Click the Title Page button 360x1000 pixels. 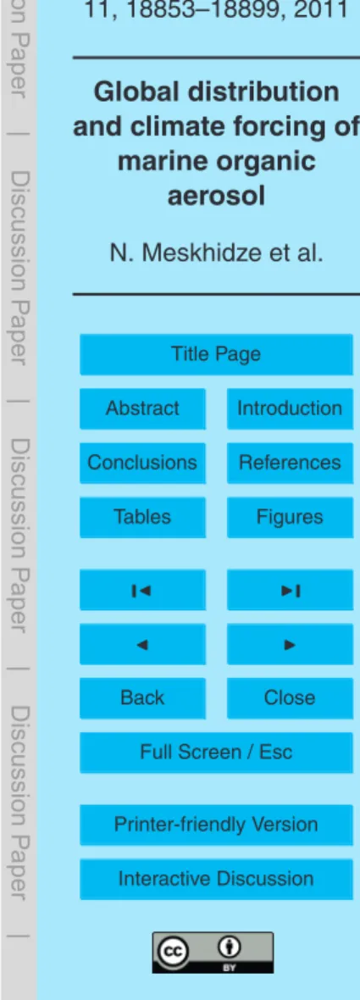[216, 354]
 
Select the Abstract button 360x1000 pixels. [142, 408]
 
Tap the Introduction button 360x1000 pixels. [290, 408]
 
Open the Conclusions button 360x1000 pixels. [142, 463]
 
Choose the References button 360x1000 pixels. [290, 463]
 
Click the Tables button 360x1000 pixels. [142, 517]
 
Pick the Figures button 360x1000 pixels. [290, 517]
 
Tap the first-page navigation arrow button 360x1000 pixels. [142, 590]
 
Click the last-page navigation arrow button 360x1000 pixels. [290, 590]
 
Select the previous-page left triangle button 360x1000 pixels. [142, 644]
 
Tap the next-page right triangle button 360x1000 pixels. [290, 644]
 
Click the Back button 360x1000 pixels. [142, 698]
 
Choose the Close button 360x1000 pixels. [290, 698]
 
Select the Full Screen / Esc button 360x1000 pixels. [216, 753]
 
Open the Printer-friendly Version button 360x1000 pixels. [216, 825]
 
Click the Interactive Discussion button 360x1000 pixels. [216, 879]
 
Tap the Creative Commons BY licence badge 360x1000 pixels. [216, 953]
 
